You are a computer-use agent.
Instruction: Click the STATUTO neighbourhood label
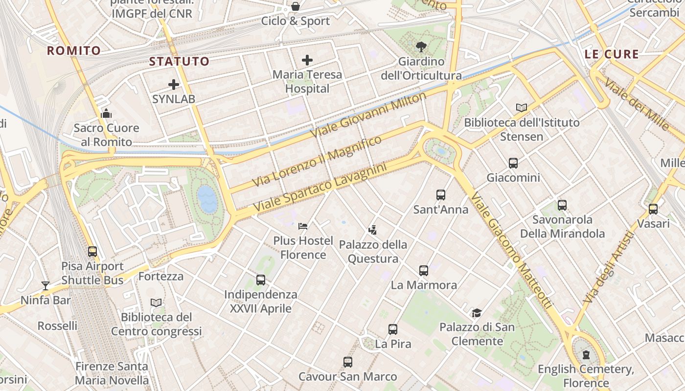click(x=179, y=62)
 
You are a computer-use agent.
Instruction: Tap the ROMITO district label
click(x=74, y=50)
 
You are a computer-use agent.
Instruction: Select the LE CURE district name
click(x=612, y=54)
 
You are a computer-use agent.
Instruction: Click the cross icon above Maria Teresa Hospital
click(x=307, y=60)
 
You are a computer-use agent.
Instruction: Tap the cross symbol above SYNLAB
click(x=174, y=85)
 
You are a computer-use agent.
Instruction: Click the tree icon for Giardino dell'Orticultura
click(x=421, y=47)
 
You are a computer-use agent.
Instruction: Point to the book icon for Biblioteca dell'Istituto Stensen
click(x=522, y=108)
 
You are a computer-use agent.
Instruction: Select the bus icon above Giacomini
click(x=513, y=163)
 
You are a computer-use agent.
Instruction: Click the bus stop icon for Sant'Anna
click(x=441, y=195)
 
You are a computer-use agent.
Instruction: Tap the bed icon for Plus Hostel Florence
click(x=303, y=226)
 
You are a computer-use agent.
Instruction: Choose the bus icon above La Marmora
click(x=424, y=270)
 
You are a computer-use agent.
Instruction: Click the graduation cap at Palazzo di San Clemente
click(x=477, y=313)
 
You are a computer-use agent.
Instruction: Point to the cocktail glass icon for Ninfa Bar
click(x=46, y=285)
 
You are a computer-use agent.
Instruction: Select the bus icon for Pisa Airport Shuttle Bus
click(x=92, y=252)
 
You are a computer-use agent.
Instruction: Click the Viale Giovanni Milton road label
click(x=368, y=115)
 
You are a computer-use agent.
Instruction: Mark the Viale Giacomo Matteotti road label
click(x=512, y=250)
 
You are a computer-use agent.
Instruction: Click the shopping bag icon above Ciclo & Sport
click(x=296, y=6)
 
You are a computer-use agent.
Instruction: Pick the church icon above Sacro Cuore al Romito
click(x=106, y=114)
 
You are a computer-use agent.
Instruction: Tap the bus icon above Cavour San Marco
click(x=348, y=362)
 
